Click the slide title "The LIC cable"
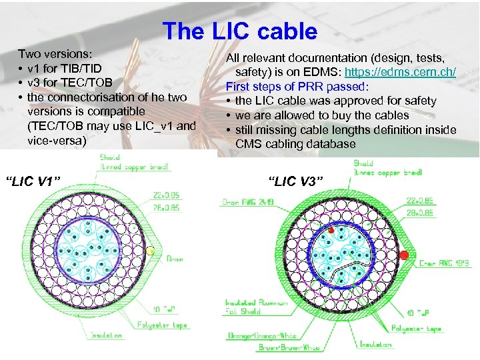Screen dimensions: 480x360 (x=239, y=31)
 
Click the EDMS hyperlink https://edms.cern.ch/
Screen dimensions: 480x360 (x=400, y=72)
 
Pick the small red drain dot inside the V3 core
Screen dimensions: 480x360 (x=330, y=231)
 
